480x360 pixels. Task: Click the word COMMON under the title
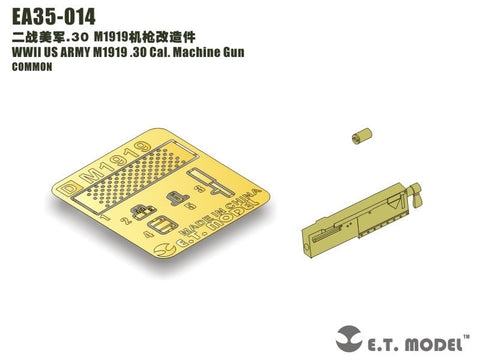35,69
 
